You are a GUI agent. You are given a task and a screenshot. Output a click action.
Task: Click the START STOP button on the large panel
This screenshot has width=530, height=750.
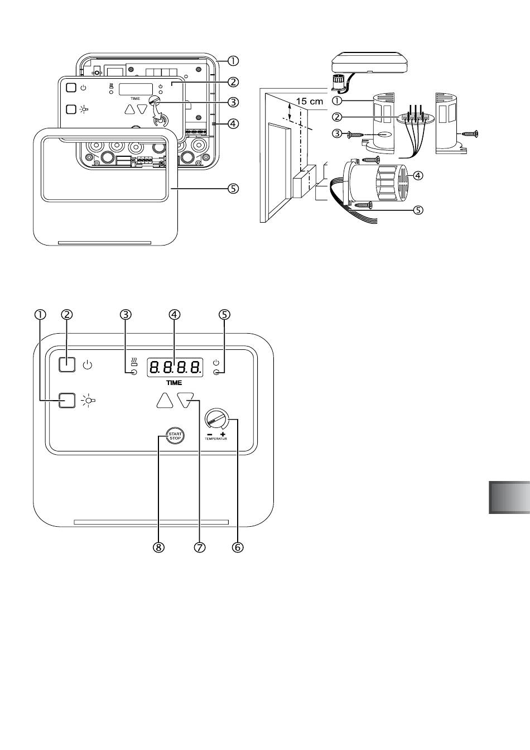(175, 436)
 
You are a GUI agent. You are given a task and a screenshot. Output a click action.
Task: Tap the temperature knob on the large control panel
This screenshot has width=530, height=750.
(216, 419)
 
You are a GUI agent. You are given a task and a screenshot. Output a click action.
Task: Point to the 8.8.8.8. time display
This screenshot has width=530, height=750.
(175, 368)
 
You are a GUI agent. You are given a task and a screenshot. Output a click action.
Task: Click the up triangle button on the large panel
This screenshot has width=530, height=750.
(165, 401)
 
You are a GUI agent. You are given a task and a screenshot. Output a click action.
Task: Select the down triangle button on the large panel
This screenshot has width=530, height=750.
(186, 400)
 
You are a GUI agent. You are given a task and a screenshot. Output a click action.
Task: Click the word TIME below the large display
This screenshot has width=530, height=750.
(174, 383)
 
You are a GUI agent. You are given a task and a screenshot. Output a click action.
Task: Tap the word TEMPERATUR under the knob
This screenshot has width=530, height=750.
(216, 439)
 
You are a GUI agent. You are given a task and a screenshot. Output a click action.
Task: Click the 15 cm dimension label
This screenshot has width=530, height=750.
(310, 101)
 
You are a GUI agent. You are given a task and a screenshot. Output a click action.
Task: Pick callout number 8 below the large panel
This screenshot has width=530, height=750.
(158, 547)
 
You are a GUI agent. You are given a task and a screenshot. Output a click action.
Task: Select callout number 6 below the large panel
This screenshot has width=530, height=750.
(238, 547)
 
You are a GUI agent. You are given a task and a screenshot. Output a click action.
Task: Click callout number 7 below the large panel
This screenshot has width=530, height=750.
(199, 547)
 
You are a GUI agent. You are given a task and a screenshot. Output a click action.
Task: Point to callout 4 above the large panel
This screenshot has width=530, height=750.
(175, 314)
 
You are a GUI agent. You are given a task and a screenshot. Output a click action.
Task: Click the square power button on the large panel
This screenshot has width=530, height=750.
(67, 364)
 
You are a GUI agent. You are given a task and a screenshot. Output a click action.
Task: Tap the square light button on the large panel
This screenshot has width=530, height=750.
(67, 400)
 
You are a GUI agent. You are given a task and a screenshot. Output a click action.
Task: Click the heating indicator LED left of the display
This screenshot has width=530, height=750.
(134, 372)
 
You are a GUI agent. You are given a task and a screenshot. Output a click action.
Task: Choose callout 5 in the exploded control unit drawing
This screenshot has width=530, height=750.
(233, 189)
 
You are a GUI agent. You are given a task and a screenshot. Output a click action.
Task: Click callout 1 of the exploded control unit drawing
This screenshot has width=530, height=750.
(233, 61)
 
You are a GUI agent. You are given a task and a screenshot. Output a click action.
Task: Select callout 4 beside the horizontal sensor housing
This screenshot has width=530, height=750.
(418, 175)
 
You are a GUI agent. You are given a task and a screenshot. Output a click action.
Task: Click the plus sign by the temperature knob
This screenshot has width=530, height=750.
(223, 434)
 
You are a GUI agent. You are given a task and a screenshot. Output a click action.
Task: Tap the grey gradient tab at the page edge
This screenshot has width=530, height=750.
(509, 497)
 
